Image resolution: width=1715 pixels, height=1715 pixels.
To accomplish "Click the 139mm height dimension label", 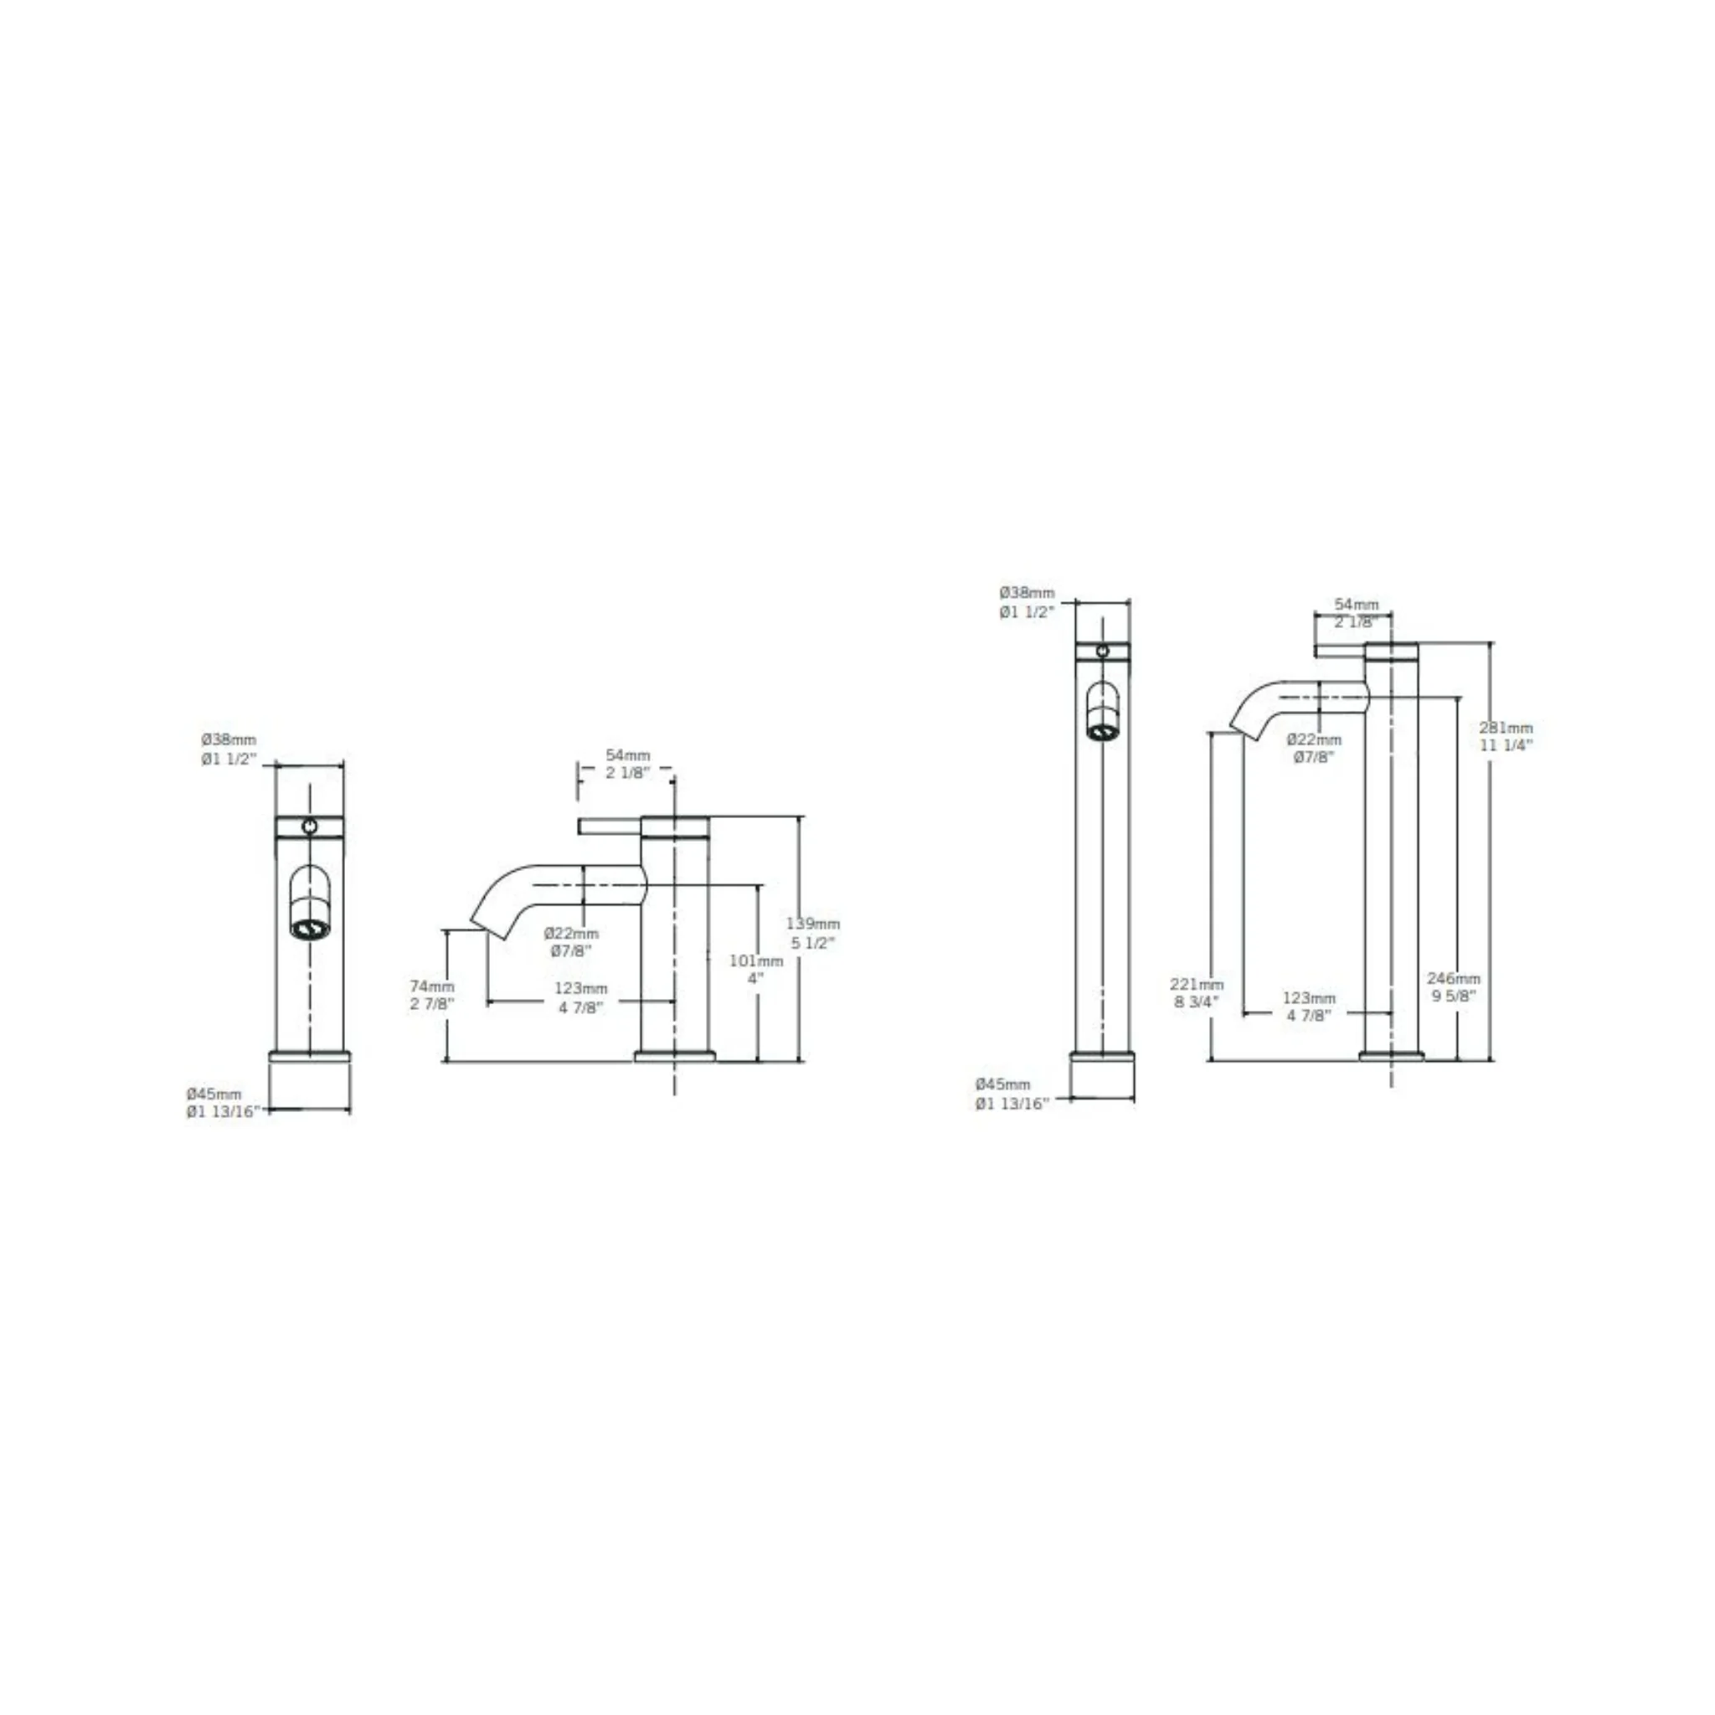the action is coord(812,924).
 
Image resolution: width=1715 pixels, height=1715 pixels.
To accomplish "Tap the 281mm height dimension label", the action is coord(1506,727).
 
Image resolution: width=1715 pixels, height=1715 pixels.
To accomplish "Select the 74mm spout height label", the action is coord(432,986).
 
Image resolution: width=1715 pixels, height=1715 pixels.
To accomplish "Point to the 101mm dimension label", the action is coord(756,961).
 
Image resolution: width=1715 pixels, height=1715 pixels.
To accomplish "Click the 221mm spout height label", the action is coord(1197,985).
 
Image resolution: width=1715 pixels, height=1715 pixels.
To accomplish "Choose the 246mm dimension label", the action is coord(1454,978).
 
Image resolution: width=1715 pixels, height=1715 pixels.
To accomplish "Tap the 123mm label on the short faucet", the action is coord(580,989).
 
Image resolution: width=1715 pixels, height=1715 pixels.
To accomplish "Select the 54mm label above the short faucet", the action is coord(627,755).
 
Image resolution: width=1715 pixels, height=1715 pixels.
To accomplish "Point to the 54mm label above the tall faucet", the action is coord(1357,605).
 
